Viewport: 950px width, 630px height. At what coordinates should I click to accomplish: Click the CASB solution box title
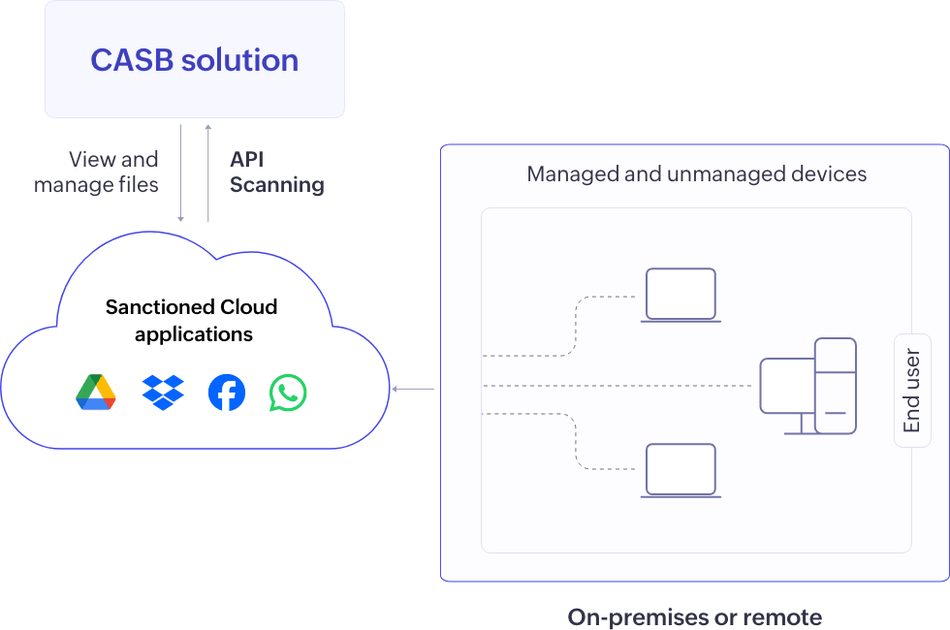pyautogui.click(x=194, y=60)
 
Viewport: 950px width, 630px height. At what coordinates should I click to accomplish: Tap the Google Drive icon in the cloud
pyautogui.click(x=96, y=393)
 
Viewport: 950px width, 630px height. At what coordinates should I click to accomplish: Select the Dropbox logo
pyautogui.click(x=162, y=393)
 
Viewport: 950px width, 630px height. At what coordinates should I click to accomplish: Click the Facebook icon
pyautogui.click(x=226, y=393)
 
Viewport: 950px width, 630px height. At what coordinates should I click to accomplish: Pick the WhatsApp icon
pyautogui.click(x=288, y=393)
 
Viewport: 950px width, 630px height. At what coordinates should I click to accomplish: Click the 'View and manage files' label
pyautogui.click(x=97, y=172)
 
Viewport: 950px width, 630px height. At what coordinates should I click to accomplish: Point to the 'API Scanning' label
pyautogui.click(x=275, y=172)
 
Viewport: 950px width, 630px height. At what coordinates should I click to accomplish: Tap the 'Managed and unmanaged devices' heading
pyautogui.click(x=696, y=174)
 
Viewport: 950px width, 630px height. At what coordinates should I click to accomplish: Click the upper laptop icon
pyautogui.click(x=681, y=295)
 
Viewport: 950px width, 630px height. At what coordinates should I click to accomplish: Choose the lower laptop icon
pyautogui.click(x=681, y=470)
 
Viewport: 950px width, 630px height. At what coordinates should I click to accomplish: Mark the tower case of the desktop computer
pyautogui.click(x=835, y=385)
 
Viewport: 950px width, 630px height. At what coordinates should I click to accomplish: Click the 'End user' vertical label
pyautogui.click(x=912, y=391)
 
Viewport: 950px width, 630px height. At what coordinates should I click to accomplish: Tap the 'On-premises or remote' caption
pyautogui.click(x=694, y=616)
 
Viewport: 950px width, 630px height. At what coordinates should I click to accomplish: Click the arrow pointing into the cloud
pyautogui.click(x=412, y=390)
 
